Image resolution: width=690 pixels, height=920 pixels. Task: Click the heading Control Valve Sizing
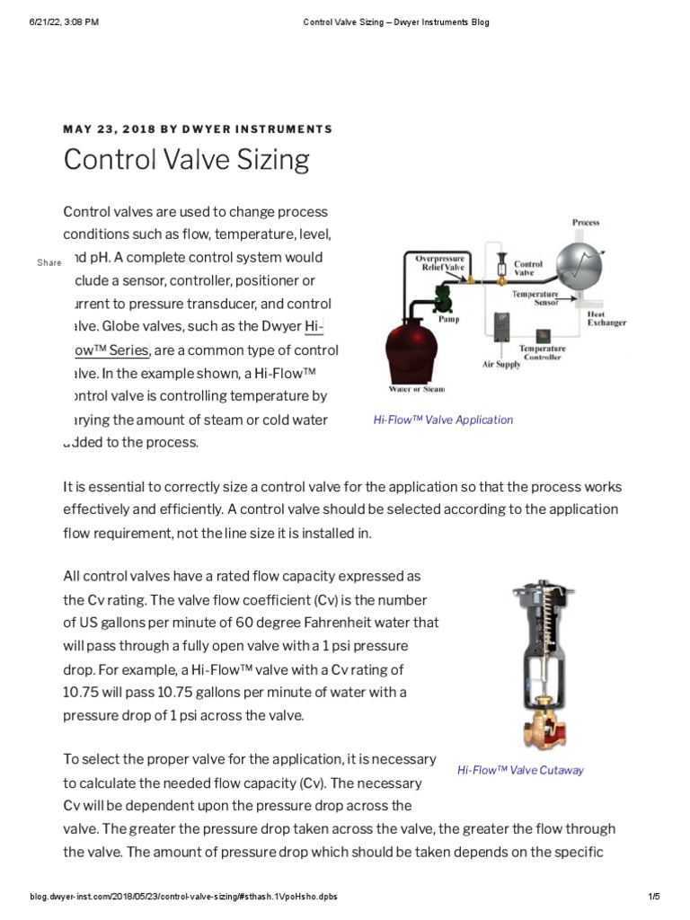pos(186,160)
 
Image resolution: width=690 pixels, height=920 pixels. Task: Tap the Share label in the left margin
pos(49,262)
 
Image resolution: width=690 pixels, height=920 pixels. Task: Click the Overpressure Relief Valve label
pos(439,263)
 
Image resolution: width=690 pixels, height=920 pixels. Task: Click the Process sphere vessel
pos(579,262)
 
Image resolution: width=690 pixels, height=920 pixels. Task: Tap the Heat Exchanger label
pos(606,318)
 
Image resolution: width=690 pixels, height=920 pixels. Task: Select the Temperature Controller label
pos(542,352)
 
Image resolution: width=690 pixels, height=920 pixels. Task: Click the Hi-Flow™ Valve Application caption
pos(443,420)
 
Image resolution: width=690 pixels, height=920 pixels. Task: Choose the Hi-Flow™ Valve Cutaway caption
pos(520,770)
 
